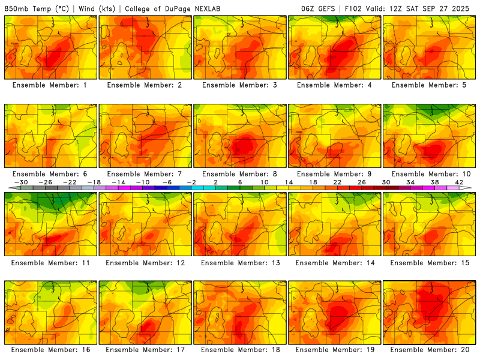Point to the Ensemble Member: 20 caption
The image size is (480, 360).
coord(429,350)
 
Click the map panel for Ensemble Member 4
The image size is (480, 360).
coord(334,47)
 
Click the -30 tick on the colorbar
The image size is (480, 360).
coord(21,182)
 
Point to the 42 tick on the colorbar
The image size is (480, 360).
coord(459,182)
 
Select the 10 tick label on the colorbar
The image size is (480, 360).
coord(264,182)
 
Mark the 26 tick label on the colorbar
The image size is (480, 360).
coord(362,182)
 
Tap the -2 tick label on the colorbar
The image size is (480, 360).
coord(191,182)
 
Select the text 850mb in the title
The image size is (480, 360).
coord(16,9)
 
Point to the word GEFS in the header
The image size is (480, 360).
coord(325,9)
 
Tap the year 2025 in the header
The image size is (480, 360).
coord(464,9)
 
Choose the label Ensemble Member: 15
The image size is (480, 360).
coord(429,262)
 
